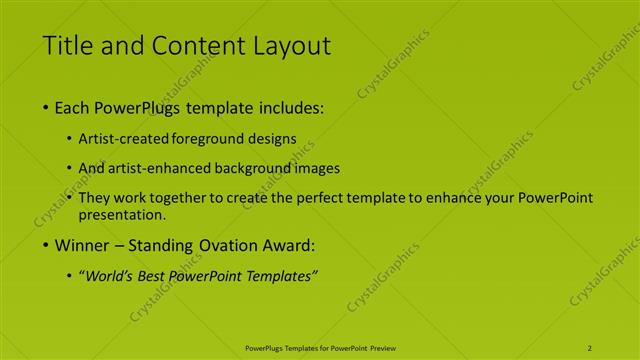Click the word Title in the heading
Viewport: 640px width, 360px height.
(x=68, y=45)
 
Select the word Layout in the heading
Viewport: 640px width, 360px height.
(x=289, y=45)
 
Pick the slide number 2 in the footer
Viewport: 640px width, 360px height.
(x=590, y=347)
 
